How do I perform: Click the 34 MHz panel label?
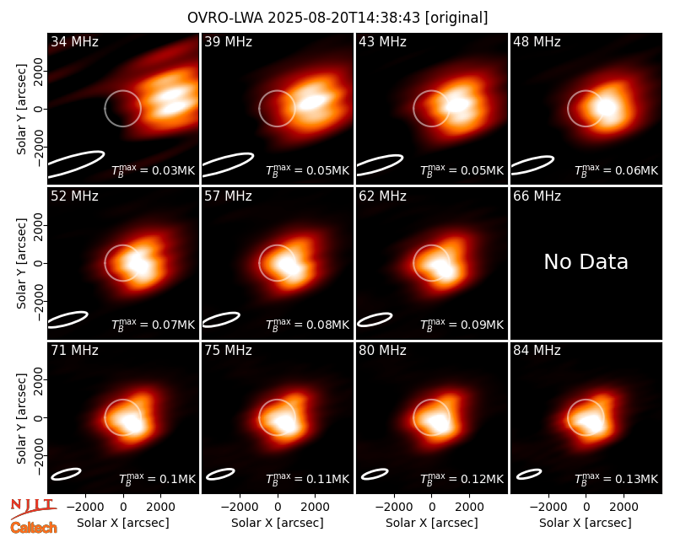coord(74,41)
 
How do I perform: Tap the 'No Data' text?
coord(586,261)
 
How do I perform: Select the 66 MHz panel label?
coord(537,196)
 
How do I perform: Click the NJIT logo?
coord(34,508)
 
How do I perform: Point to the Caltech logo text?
coord(34,528)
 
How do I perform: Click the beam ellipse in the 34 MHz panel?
coord(76,164)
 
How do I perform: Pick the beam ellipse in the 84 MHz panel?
coord(529,474)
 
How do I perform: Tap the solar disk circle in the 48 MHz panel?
coord(568,109)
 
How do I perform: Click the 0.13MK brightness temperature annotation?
coord(616,478)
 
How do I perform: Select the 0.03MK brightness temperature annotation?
coord(154,170)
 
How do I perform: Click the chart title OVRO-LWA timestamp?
coord(337,18)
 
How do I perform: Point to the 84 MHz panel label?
coord(537,351)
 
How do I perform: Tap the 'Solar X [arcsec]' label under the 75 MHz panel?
coord(278,523)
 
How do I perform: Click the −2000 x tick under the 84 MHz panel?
coord(548,508)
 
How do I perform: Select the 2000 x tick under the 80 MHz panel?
coord(470,508)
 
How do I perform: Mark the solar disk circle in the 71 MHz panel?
coord(105,417)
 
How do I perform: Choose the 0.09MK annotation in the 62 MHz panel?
coord(462,325)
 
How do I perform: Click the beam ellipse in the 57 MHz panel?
coord(221,320)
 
